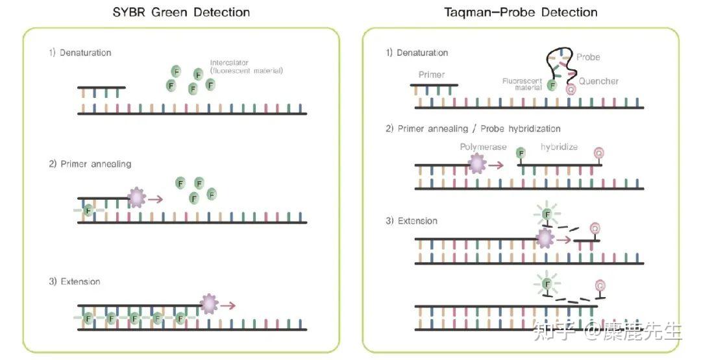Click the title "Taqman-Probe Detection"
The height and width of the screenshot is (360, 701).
click(521, 12)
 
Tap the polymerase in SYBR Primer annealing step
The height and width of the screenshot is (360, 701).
click(137, 197)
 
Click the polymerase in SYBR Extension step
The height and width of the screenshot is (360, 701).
click(209, 304)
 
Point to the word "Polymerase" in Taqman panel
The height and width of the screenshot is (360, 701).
click(483, 147)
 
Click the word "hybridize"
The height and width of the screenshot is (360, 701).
click(559, 147)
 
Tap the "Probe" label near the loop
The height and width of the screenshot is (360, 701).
click(588, 57)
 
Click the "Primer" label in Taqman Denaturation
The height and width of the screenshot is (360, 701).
click(432, 75)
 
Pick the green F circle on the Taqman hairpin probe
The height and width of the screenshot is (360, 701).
click(552, 85)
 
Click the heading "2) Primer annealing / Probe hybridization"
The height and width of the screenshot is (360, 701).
click(473, 128)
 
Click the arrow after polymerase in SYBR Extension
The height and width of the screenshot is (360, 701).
click(228, 305)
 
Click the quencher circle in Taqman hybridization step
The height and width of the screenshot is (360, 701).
click(599, 153)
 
